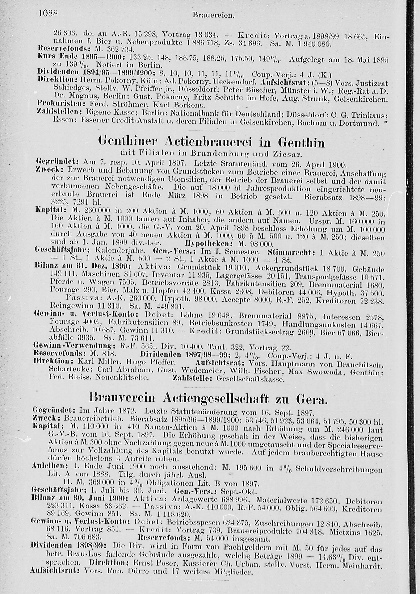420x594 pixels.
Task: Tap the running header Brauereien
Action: point(213,16)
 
